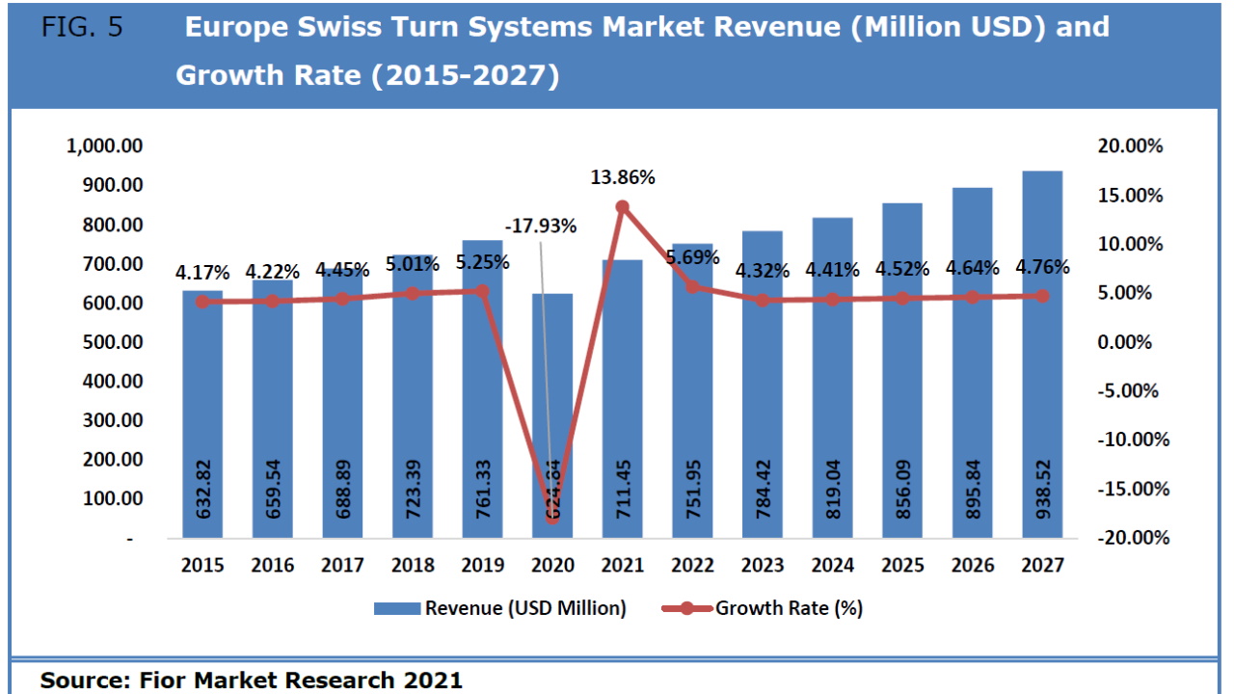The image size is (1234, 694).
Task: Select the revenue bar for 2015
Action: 202,414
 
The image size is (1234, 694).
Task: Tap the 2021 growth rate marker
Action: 622,206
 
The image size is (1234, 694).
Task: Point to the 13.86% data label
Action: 623,177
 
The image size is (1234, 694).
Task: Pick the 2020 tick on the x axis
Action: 552,566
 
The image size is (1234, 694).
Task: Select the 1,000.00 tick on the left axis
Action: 105,147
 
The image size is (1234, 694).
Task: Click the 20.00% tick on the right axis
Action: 1130,147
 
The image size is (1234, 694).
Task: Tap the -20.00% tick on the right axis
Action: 1133,537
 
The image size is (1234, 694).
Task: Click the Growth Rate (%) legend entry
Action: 762,608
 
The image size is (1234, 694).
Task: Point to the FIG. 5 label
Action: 82,27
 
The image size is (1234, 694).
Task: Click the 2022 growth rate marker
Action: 692,286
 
